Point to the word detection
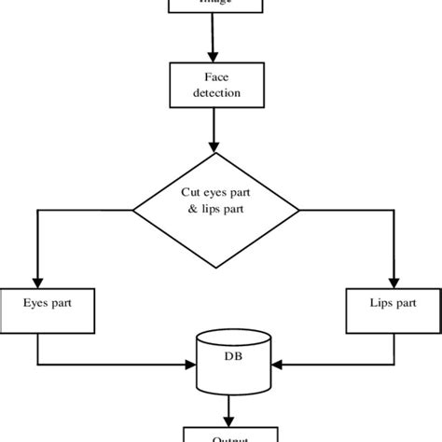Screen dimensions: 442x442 (x=216, y=94)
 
